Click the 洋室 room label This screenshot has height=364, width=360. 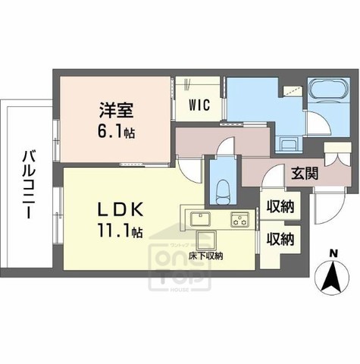[115, 110]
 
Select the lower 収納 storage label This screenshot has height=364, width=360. [280, 239]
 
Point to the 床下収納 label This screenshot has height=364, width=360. [206, 256]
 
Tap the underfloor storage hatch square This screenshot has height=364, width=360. [205, 241]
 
